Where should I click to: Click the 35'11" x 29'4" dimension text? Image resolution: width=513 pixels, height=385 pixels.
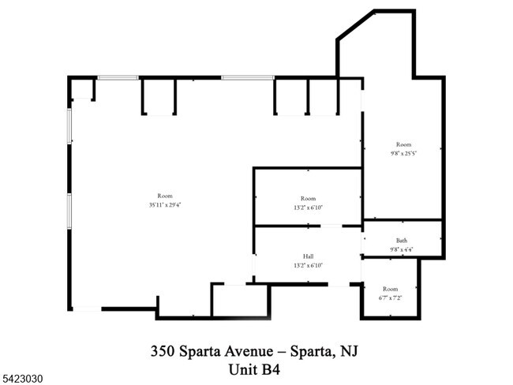[165, 204]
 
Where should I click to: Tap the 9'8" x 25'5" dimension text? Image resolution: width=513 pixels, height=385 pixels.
[403, 153]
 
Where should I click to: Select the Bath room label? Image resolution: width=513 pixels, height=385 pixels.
[402, 241]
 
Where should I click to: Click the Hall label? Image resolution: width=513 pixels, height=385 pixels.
[308, 256]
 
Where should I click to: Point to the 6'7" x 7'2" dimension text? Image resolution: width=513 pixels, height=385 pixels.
[391, 298]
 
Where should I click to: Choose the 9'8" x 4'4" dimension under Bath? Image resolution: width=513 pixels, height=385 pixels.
[402, 250]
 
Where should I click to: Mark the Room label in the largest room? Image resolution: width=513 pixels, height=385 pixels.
[165, 196]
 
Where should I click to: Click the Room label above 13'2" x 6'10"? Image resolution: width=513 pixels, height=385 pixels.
[308, 198]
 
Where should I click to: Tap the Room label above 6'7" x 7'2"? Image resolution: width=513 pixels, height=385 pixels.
[391, 290]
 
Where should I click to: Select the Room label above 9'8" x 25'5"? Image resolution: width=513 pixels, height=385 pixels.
[403, 144]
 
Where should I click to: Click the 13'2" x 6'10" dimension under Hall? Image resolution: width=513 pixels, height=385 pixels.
[308, 266]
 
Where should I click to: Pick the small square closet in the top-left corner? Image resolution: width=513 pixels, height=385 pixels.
[82, 89]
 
